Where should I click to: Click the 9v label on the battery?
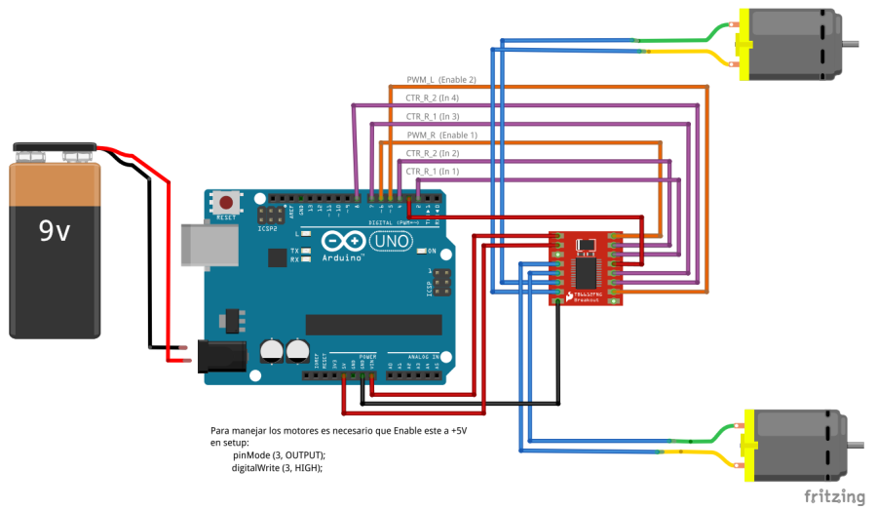[x=54, y=231]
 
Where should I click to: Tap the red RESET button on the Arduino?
[x=227, y=201]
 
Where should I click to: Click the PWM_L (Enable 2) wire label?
[x=440, y=79]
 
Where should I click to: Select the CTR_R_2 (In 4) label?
[x=432, y=98]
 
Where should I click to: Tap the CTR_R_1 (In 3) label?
[x=432, y=116]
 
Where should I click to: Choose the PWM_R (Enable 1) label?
[x=441, y=135]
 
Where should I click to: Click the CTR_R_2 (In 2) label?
[x=432, y=153]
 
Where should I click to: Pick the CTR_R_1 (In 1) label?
[x=432, y=172]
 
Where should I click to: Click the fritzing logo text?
[x=834, y=496]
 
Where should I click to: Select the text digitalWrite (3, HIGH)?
[x=276, y=468]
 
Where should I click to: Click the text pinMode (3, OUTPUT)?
[x=279, y=455]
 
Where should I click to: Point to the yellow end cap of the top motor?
[x=743, y=45]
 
